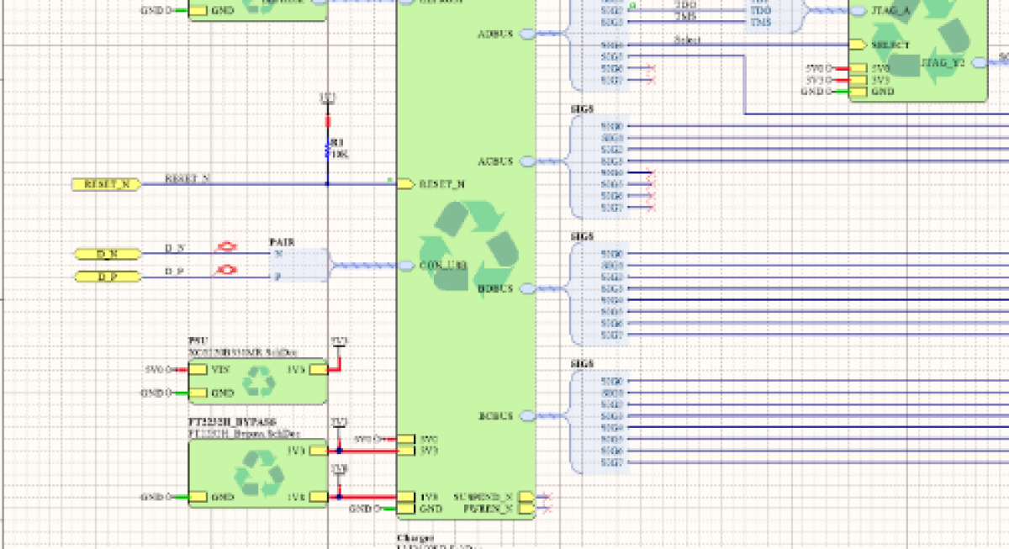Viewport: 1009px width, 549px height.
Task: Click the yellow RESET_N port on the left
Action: [106, 183]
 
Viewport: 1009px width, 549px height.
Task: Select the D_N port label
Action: [107, 253]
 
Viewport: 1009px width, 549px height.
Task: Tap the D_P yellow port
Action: [107, 276]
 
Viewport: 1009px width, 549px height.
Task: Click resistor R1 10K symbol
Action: [327, 150]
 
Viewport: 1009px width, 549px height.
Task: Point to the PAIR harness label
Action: [281, 241]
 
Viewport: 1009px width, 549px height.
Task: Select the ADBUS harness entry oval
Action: [526, 34]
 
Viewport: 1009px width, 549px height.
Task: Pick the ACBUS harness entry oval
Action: [526, 160]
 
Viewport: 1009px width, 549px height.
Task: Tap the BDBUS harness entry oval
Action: [526, 288]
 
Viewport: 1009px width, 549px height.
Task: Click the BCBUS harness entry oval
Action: [526, 415]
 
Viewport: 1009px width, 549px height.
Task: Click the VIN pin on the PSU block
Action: [198, 369]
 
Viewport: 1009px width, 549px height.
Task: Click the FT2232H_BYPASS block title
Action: [232, 421]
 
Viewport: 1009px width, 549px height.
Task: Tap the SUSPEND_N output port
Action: [526, 497]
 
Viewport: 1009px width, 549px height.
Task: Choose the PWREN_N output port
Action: [526, 509]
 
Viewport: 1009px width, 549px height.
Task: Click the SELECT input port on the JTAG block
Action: [857, 45]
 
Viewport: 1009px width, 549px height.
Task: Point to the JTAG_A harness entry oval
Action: [858, 12]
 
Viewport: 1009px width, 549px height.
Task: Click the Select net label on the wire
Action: [687, 40]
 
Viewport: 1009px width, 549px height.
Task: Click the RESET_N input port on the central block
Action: [405, 183]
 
